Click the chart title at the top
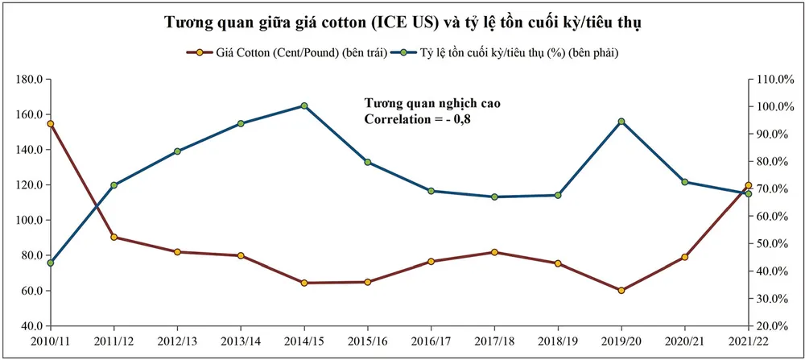[x=402, y=23]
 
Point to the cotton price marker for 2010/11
[x=51, y=124]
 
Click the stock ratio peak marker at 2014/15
[x=303, y=106]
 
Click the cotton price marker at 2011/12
[x=114, y=238]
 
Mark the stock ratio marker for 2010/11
[x=51, y=263]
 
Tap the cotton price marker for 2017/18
[x=494, y=252]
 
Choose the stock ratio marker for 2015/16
[x=367, y=162]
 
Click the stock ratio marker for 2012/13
[x=177, y=151]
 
